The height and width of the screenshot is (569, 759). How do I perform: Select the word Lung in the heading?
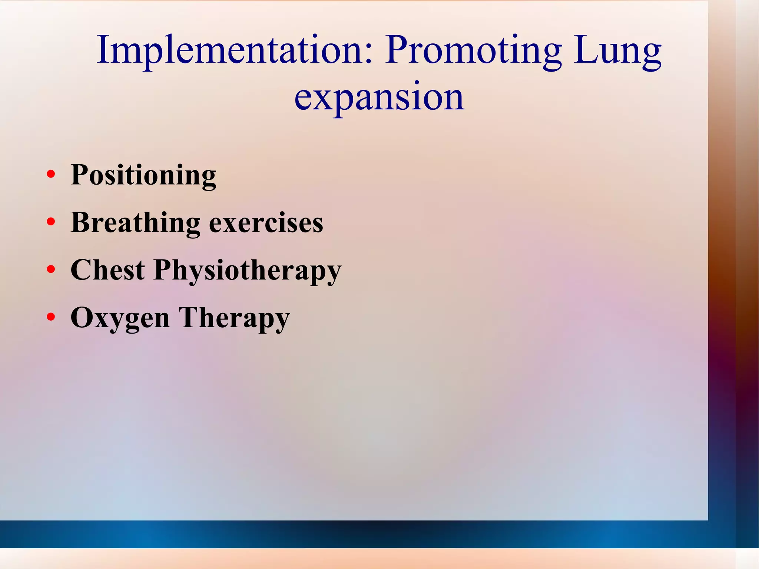click(617, 52)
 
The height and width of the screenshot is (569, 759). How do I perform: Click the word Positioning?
click(143, 175)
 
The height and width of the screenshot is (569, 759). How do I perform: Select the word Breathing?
click(136, 223)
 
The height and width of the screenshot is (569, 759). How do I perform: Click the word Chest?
click(107, 270)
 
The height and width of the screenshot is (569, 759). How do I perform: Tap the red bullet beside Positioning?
click(51, 174)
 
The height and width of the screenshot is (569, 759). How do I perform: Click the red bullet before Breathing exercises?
click(51, 222)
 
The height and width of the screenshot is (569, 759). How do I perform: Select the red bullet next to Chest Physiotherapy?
click(51, 269)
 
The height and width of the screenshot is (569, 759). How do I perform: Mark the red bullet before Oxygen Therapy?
click(51, 317)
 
